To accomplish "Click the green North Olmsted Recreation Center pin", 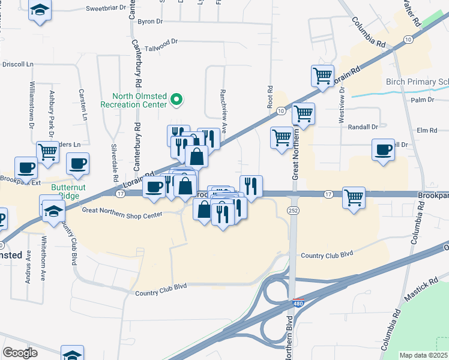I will click(176, 100).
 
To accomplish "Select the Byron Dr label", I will click(150, 22).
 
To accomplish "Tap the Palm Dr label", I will click(423, 99).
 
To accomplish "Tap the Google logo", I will click(19, 352).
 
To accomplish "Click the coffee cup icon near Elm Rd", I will click(383, 149).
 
